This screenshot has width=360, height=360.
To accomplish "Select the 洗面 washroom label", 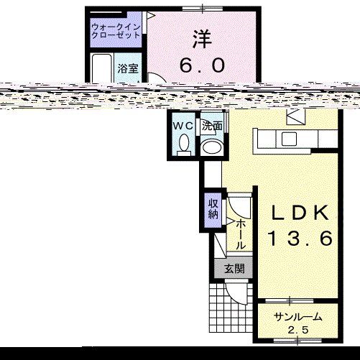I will pos(211,126).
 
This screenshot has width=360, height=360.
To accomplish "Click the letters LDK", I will pos(302,213).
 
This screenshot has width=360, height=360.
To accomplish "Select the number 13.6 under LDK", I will pos(302,239).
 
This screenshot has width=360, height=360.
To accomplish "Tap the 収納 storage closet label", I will pos(213,208).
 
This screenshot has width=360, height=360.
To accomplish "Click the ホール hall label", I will pos(241,234).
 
